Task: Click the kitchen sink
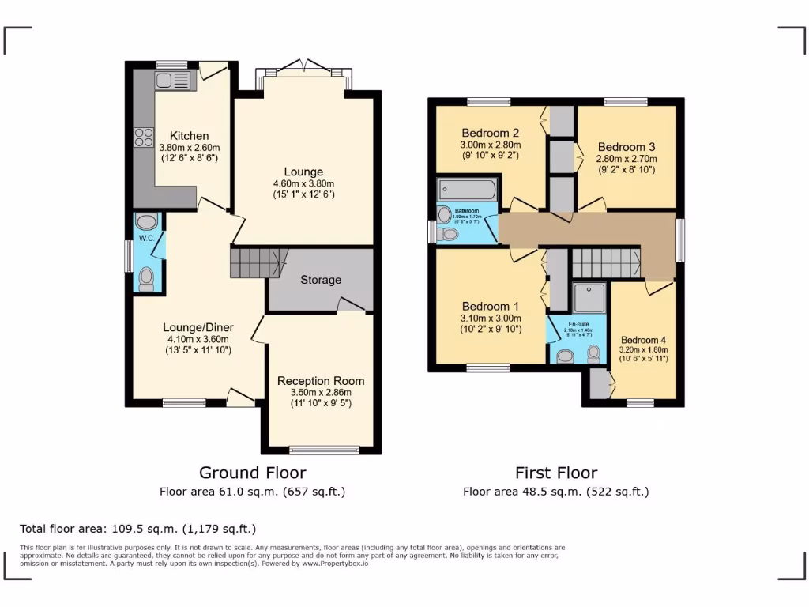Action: [173, 80]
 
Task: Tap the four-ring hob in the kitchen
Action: [144, 138]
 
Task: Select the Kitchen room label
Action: [190, 136]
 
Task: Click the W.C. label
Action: [145, 237]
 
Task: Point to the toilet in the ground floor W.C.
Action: [146, 277]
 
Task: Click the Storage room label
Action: [321, 280]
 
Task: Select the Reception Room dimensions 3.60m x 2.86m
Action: [314, 392]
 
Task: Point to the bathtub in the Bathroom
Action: [467, 190]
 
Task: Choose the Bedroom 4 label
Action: [643, 341]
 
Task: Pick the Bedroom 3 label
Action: [627, 147]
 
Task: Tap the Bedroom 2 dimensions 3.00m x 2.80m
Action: [490, 145]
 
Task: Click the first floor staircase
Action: [605, 262]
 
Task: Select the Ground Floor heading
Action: [252, 473]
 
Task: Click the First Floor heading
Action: [556, 473]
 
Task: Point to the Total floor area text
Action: [138, 529]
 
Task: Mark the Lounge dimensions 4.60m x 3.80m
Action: [304, 184]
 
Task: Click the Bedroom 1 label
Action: [491, 307]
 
